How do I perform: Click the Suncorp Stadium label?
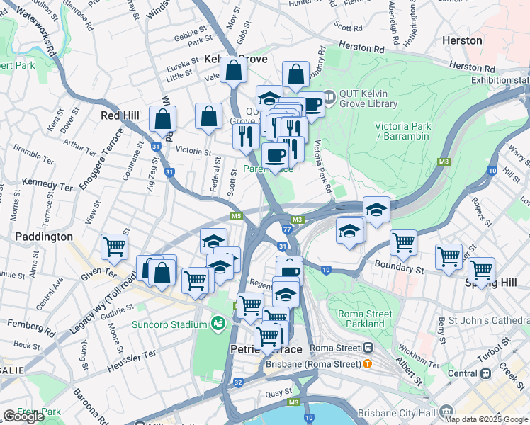(x=169, y=325)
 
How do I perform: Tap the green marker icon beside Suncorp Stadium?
(x=218, y=324)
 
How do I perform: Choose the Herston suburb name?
(x=462, y=40)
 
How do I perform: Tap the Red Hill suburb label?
(x=120, y=115)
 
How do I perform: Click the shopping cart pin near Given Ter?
(x=113, y=248)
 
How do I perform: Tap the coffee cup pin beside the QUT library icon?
(x=310, y=105)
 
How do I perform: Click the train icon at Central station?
(x=486, y=373)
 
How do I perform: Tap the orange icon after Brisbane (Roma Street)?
(x=367, y=364)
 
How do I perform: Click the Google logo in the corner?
(x=23, y=416)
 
